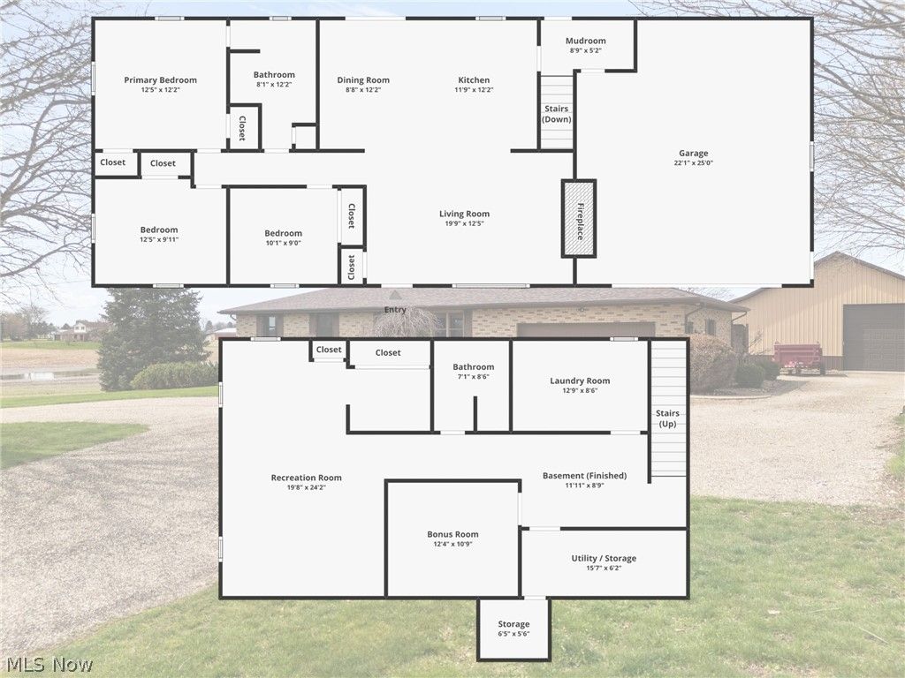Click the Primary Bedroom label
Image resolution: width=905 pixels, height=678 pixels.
click(x=160, y=80)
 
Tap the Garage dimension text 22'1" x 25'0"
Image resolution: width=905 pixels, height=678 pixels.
click(x=693, y=163)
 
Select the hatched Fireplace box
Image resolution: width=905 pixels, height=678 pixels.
click(x=580, y=219)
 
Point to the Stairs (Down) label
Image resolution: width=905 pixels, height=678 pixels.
click(x=557, y=114)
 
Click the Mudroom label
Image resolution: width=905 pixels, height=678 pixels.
click(x=586, y=41)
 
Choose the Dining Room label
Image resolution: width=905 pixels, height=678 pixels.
click(x=363, y=80)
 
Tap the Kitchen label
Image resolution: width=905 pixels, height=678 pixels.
click(x=474, y=80)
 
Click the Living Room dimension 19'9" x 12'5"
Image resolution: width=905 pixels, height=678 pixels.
click(x=464, y=223)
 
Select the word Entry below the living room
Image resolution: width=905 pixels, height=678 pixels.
click(x=395, y=310)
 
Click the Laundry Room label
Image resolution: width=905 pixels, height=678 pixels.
click(x=580, y=381)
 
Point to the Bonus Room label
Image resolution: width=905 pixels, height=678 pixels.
click(x=452, y=534)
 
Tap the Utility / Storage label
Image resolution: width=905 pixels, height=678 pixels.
click(x=604, y=558)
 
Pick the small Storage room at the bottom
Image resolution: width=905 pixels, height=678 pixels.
click(x=513, y=629)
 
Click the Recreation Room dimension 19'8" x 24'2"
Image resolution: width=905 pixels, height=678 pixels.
click(x=306, y=487)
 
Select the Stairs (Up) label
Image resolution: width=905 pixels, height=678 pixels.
click(x=667, y=418)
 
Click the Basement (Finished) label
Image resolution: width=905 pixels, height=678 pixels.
click(x=584, y=476)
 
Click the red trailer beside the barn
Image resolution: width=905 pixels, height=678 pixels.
click(x=798, y=357)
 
